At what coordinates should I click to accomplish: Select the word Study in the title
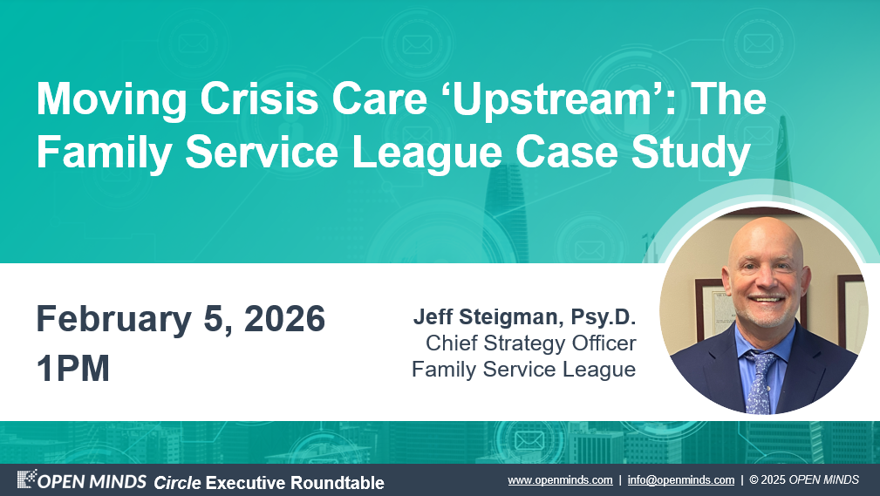691,153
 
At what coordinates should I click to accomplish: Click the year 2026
284,318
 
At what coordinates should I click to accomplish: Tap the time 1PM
73,368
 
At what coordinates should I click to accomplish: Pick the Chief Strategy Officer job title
531,343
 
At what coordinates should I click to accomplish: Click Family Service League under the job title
523,370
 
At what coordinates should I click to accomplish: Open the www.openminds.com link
560,480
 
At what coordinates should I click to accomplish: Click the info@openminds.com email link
681,480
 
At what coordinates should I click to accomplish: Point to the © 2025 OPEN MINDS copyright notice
804,480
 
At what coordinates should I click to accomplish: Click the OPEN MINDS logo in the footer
81,480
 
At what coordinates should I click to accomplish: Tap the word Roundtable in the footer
338,483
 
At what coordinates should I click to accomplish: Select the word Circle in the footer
177,483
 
